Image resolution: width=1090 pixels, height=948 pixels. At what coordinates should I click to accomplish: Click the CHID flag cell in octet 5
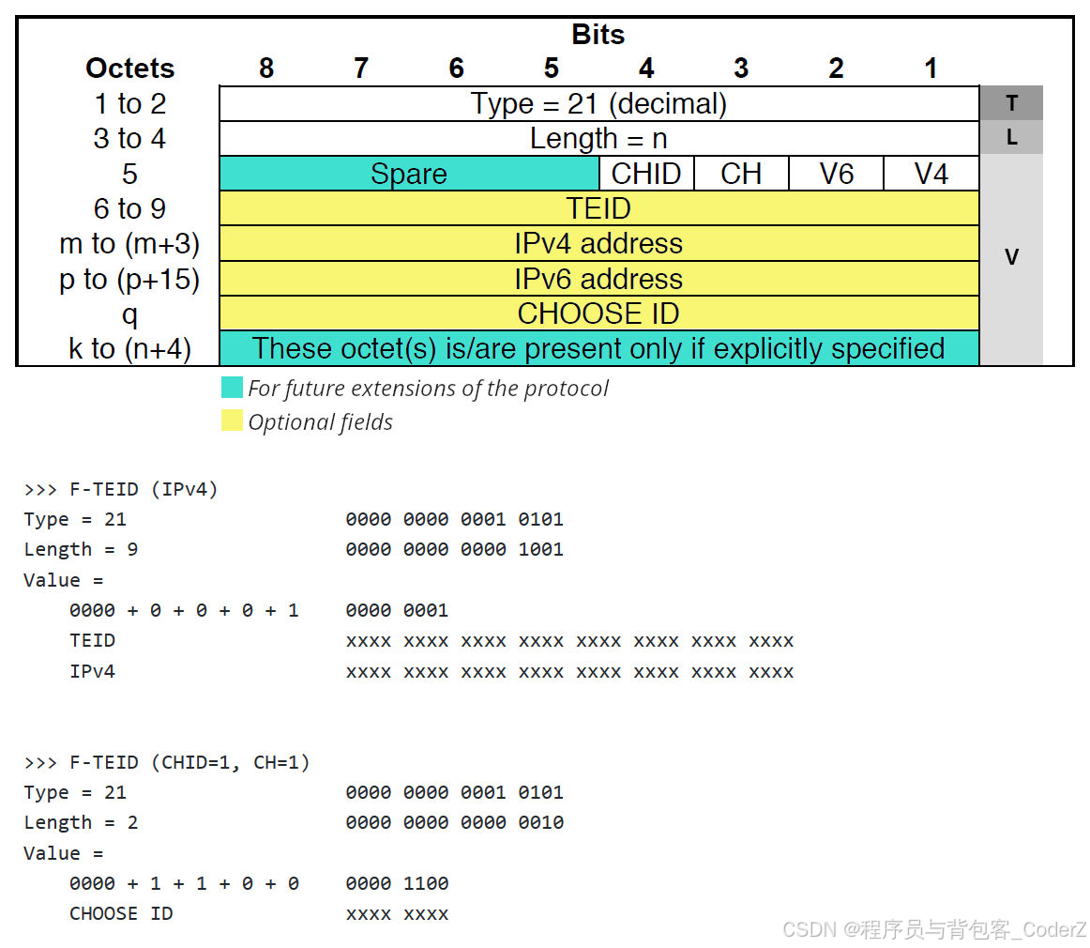[x=646, y=174]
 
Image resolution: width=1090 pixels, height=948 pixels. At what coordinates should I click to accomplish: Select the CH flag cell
[x=741, y=174]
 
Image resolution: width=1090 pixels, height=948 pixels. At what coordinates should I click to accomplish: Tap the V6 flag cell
[x=836, y=174]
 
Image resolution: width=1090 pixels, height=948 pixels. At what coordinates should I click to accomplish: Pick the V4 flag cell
[x=931, y=174]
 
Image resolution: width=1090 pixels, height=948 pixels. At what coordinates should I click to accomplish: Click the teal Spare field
[x=409, y=174]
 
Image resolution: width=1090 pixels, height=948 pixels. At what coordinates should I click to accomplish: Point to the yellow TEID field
[x=598, y=208]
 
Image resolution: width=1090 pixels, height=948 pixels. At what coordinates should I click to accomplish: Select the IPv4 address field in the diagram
[x=598, y=244]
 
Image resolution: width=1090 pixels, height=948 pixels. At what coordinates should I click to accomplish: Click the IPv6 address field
[x=598, y=279]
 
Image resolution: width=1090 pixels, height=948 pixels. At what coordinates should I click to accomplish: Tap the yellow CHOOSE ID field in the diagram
[x=598, y=313]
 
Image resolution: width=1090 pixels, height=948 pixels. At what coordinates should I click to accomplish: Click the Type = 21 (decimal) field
[x=598, y=103]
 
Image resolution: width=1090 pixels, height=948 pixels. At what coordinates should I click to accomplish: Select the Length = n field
[x=598, y=139]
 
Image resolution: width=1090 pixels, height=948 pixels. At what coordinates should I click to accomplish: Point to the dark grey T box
[x=1011, y=103]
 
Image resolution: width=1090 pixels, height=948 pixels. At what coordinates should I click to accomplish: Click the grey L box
[x=1011, y=138]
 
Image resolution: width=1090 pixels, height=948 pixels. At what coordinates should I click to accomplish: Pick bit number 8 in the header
[x=266, y=69]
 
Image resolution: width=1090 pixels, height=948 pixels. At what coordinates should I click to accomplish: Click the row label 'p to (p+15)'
[x=129, y=279]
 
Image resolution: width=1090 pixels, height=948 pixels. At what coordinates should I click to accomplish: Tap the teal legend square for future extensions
[x=232, y=388]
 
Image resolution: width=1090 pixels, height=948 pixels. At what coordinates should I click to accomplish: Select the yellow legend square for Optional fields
[x=232, y=420]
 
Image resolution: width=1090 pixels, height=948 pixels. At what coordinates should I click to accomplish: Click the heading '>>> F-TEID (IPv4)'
[x=121, y=489]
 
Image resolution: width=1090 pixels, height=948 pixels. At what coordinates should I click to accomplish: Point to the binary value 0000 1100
[x=397, y=883]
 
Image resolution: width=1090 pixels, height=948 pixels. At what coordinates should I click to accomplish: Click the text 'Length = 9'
[x=81, y=549]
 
